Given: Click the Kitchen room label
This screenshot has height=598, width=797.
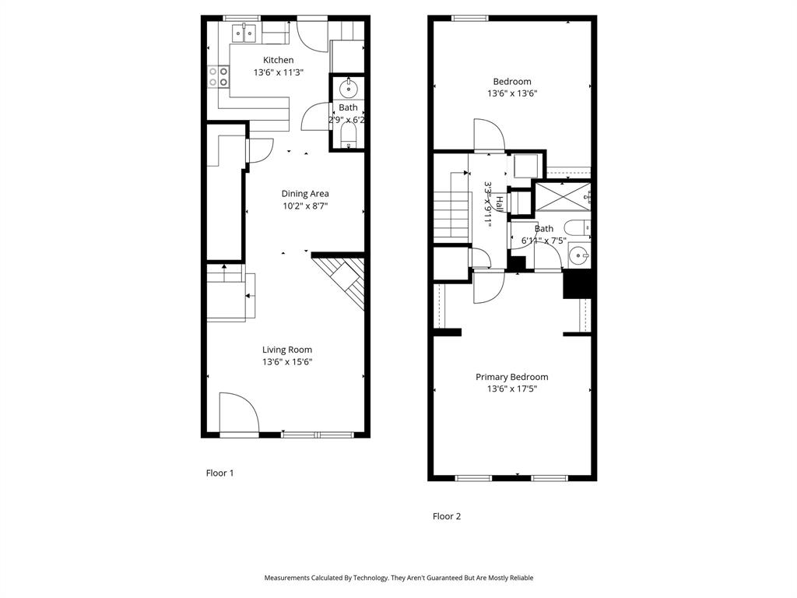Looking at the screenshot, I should pos(278,60).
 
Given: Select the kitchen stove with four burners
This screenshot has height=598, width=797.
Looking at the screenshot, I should pos(219,76).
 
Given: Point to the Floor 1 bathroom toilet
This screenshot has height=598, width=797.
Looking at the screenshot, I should pos(348,137).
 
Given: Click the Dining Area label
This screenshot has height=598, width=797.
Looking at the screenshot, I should pos(305,193).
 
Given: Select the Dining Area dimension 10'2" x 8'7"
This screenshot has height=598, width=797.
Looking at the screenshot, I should pos(305,206).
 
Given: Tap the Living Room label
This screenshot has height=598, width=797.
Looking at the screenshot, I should pos(286,350).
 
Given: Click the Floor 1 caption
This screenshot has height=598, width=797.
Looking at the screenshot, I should pos(219,473).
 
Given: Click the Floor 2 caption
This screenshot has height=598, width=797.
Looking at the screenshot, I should pos(447,515).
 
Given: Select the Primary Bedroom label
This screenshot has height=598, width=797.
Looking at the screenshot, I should pos(511,377).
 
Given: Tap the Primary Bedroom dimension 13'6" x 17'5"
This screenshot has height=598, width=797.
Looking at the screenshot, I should pos(511,389).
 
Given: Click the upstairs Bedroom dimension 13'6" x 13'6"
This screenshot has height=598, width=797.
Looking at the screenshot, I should pos(511,93).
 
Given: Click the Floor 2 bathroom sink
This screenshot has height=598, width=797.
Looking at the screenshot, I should pos(578,255).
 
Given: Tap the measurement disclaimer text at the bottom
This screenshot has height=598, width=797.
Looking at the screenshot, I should pos(398,578).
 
